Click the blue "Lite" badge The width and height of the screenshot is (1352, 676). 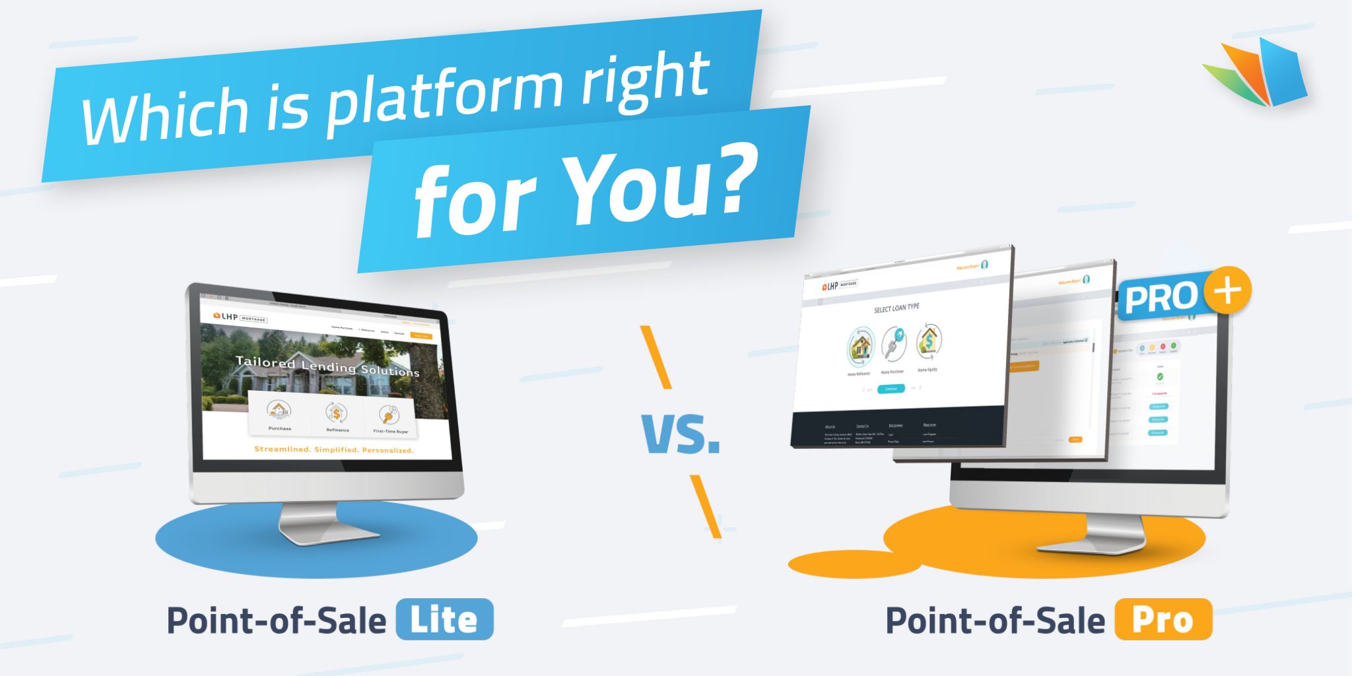pyautogui.click(x=444, y=619)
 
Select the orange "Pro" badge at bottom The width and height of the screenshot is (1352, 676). pyautogui.click(x=1163, y=619)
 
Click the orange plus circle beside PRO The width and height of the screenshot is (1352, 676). pyautogui.click(x=1227, y=290)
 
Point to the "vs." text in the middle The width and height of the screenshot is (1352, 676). pyautogui.click(x=680, y=434)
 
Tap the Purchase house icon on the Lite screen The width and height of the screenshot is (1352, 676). pyautogui.click(x=279, y=410)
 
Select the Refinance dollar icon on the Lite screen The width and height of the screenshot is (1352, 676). pyautogui.click(x=336, y=413)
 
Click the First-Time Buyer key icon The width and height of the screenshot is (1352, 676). pyautogui.click(x=389, y=415)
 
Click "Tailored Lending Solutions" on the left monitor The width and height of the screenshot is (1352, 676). pyautogui.click(x=327, y=366)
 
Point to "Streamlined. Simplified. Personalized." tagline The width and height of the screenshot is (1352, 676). pyautogui.click(x=333, y=450)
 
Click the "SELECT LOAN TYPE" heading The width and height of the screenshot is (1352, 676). pyautogui.click(x=896, y=308)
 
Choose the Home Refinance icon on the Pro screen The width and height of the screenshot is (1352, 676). pyautogui.click(x=860, y=347)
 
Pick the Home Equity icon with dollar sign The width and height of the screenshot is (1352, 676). pyautogui.click(x=928, y=341)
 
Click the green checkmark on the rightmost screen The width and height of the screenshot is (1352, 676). pyautogui.click(x=1160, y=376)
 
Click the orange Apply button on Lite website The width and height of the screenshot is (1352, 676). pyautogui.click(x=421, y=336)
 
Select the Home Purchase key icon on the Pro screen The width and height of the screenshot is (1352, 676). pyautogui.click(x=894, y=343)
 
